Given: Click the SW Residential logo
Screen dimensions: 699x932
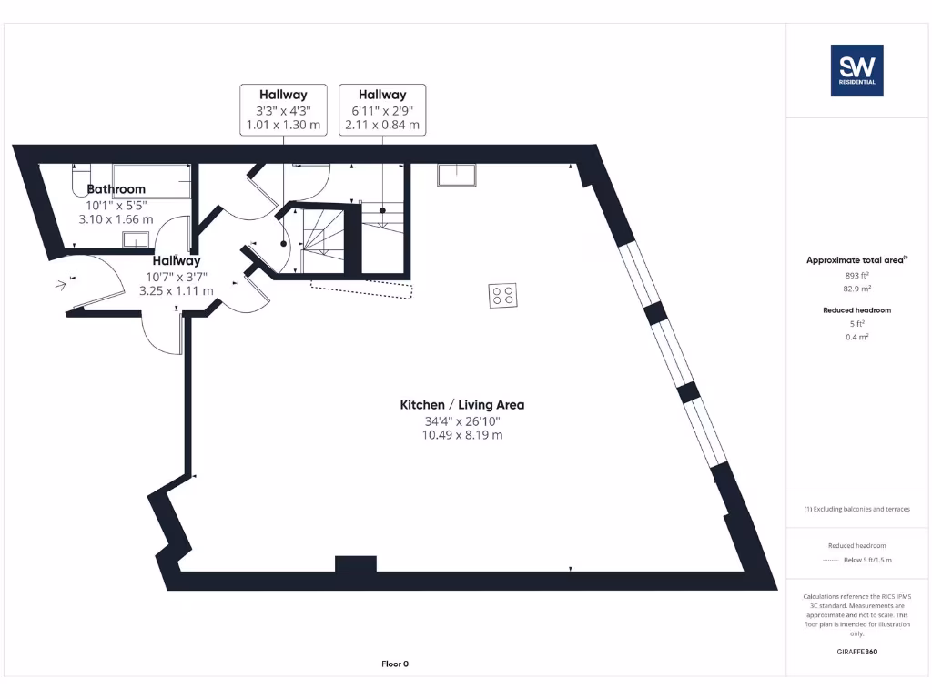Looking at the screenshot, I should point(856,70).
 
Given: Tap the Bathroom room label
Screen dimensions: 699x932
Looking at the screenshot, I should point(116,189).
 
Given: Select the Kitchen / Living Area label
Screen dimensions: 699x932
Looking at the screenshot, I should point(462,405).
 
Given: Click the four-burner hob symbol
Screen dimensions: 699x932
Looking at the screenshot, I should point(502,295).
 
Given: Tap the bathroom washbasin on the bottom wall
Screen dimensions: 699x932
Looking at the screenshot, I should point(137,239).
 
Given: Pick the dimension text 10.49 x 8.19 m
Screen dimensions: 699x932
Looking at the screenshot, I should point(462,435).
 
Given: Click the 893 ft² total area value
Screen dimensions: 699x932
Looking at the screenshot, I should point(856,275).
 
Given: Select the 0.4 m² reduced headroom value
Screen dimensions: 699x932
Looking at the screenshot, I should point(856,337).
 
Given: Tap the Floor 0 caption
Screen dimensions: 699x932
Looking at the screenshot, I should point(395,664).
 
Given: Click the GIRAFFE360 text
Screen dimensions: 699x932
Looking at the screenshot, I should point(856,652).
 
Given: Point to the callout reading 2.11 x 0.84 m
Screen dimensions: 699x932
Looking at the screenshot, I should point(381,125).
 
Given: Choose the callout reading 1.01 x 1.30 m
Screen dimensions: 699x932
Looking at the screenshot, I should point(283,125).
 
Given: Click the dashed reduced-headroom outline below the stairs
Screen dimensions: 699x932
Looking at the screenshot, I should point(361,288).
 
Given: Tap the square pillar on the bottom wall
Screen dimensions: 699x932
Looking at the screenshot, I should point(355,563).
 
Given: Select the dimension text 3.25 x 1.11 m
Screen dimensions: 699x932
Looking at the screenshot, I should point(177,290).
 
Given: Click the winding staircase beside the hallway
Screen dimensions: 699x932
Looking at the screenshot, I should point(320,238).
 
